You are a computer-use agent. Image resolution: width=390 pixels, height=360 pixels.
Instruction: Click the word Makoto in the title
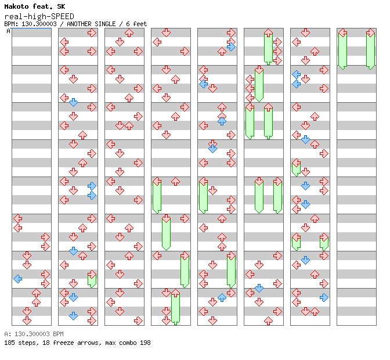(16, 6)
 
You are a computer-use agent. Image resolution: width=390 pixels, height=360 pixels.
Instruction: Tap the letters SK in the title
(61, 6)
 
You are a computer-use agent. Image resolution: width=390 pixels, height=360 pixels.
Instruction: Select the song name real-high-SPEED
(39, 17)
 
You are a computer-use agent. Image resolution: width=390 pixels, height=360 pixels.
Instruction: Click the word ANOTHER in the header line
(79, 24)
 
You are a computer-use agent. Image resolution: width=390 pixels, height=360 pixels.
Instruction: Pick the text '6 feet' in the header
(136, 24)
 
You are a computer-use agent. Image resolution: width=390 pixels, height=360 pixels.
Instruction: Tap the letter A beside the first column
(9, 31)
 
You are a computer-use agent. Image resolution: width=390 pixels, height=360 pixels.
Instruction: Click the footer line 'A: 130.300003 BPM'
(34, 334)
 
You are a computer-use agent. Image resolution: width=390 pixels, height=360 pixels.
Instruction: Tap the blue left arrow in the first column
(17, 279)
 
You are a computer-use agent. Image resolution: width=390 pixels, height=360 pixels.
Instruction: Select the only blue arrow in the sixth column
(259, 289)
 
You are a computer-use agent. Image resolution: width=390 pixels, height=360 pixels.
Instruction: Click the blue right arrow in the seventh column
(324, 297)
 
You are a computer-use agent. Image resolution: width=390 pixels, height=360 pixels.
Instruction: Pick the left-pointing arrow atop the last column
(343, 33)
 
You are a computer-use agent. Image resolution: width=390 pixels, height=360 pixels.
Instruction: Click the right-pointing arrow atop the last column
(371, 33)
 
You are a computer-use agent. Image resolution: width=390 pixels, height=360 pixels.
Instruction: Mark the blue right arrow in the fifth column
(232, 47)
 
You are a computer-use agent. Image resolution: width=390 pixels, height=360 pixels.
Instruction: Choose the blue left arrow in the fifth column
(204, 84)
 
